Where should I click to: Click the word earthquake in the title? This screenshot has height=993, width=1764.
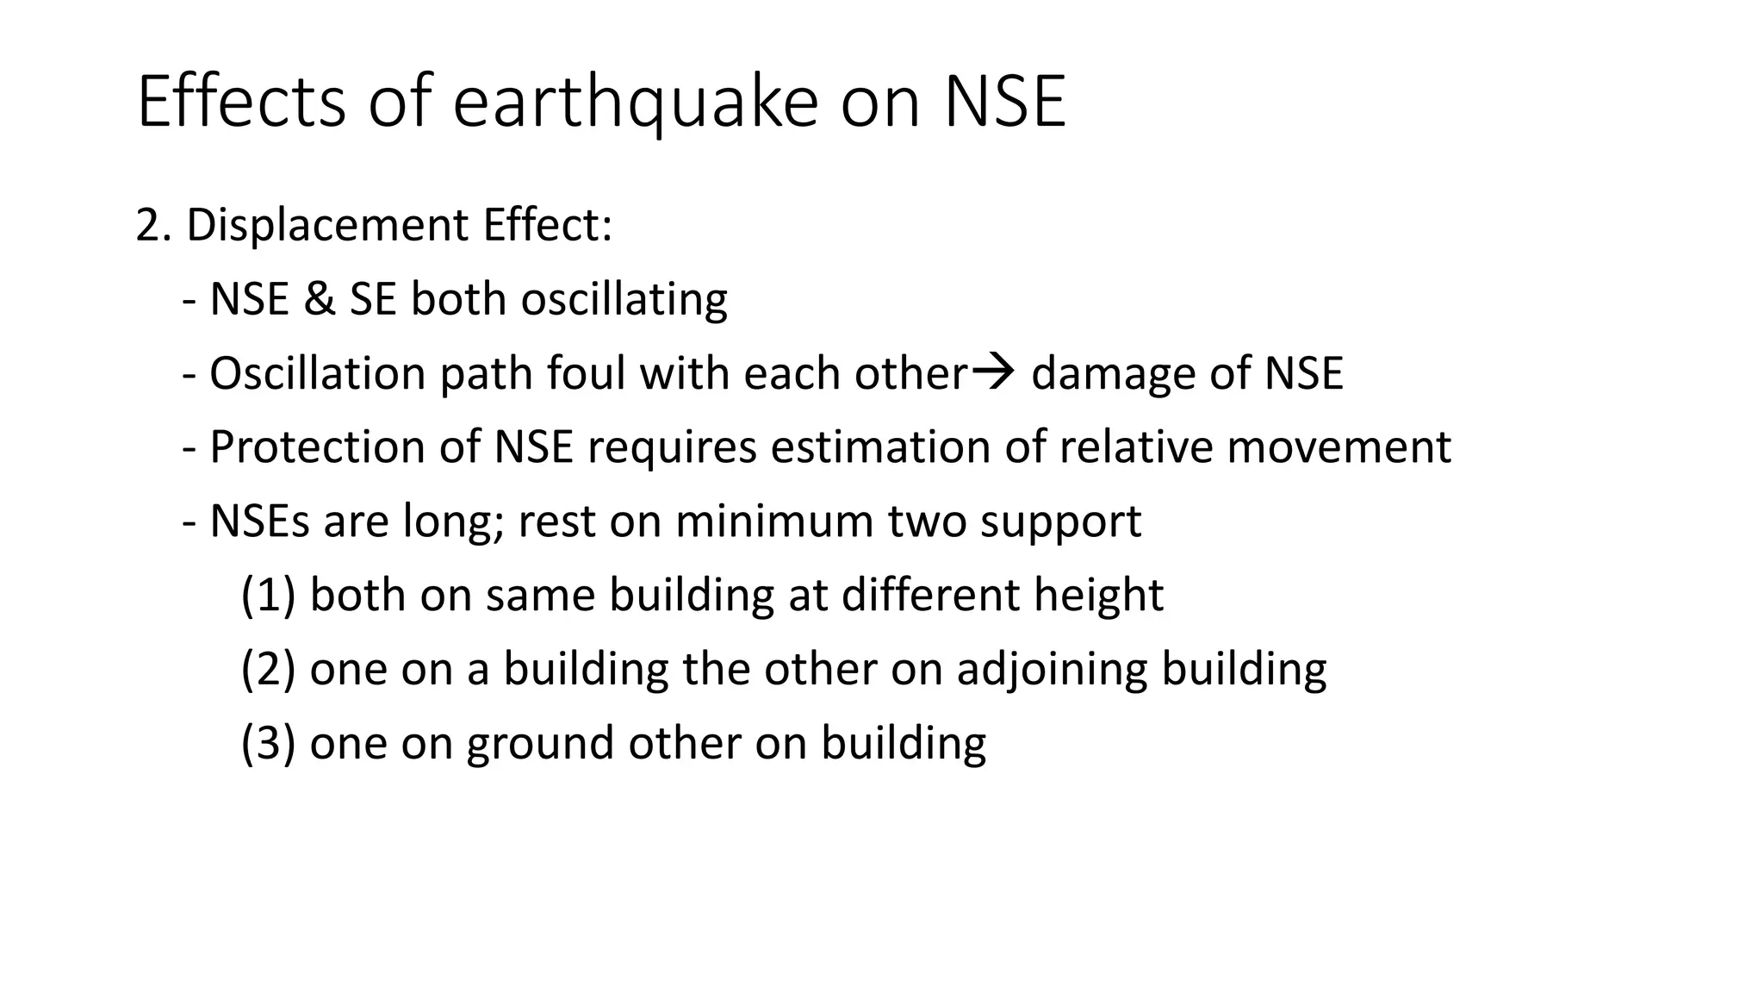pyautogui.click(x=635, y=103)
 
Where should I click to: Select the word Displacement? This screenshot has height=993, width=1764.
pyautogui.click(x=327, y=226)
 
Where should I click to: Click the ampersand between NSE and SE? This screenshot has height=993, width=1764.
pyautogui.click(x=319, y=300)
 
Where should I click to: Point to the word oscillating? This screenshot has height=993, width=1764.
pyautogui.click(x=624, y=300)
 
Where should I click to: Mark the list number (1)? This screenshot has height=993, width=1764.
pyautogui.click(x=268, y=596)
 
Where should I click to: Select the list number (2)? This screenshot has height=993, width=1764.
pyautogui.click(x=268, y=670)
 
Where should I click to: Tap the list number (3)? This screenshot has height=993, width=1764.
pyautogui.click(x=268, y=744)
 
